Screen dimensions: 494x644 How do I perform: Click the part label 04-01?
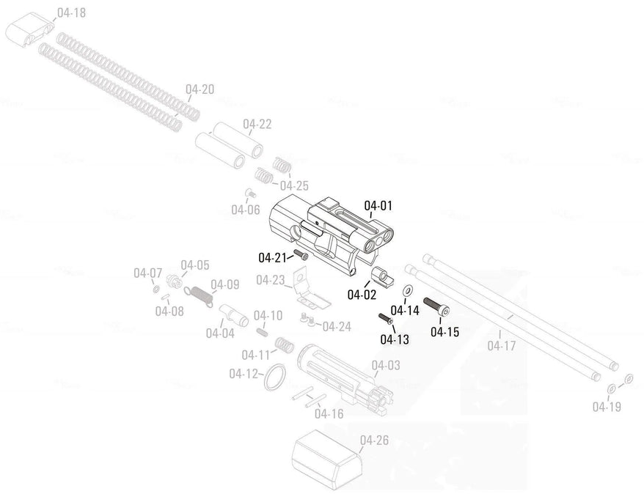tap(378, 205)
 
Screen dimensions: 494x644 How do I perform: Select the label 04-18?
tap(71, 13)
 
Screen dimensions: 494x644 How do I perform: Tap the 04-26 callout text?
tap(374, 440)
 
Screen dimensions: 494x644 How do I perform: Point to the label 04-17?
tap(502, 345)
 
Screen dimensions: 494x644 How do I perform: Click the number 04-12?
tap(244, 374)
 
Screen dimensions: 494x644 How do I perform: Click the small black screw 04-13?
tap(385, 319)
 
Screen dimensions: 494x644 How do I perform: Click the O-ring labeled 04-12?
tap(274, 377)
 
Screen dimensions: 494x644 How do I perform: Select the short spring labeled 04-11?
tap(284, 345)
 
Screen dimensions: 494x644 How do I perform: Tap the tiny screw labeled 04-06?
tap(249, 193)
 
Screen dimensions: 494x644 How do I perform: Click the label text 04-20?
tap(200, 89)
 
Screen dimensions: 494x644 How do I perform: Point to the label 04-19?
tap(607, 407)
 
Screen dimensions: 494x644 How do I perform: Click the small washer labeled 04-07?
tap(156, 290)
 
